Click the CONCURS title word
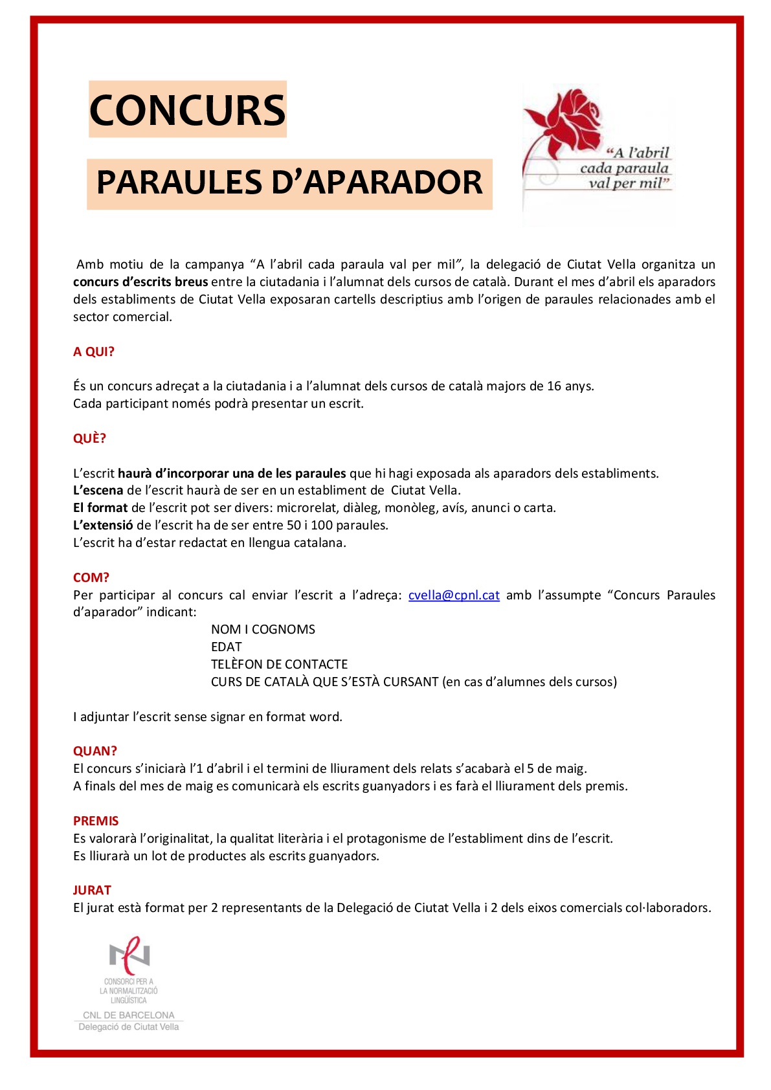click(x=187, y=109)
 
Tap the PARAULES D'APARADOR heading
click(x=289, y=183)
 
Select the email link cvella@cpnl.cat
click(x=454, y=595)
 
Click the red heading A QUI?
click(x=93, y=351)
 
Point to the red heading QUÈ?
click(x=89, y=438)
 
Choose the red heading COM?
click(x=91, y=577)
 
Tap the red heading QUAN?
click(x=95, y=751)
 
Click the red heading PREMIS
click(x=96, y=821)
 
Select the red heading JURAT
click(x=92, y=890)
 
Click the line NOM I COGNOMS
click(x=263, y=629)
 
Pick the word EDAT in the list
click(x=226, y=647)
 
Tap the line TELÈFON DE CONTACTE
click(x=279, y=664)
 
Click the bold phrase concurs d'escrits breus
click(x=140, y=282)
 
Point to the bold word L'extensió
click(x=103, y=525)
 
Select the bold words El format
click(x=100, y=507)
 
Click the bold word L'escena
click(x=98, y=490)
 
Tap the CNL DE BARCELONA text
click(x=128, y=1015)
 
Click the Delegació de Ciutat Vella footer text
click(x=128, y=1027)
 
